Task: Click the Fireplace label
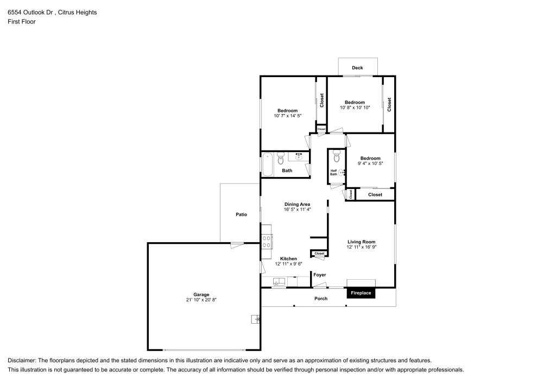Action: pyautogui.click(x=361, y=293)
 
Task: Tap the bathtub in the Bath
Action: pyautogui.click(x=268, y=165)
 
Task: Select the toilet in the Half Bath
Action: pyautogui.click(x=336, y=157)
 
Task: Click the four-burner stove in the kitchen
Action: pyautogui.click(x=267, y=241)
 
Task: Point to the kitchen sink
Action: pyautogui.click(x=279, y=282)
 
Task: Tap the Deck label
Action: pyautogui.click(x=357, y=68)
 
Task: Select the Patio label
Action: pyautogui.click(x=241, y=215)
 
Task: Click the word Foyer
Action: pyautogui.click(x=319, y=275)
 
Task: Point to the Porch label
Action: pyautogui.click(x=321, y=298)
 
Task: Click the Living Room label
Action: pyautogui.click(x=361, y=242)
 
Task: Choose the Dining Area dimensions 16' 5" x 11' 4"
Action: pyautogui.click(x=297, y=209)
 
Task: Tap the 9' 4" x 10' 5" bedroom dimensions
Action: pyautogui.click(x=370, y=163)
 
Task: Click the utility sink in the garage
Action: pyautogui.click(x=255, y=319)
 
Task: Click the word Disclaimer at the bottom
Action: pyautogui.click(x=22, y=361)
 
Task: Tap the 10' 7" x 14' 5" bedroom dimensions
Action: pyautogui.click(x=287, y=116)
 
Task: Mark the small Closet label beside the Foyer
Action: pyautogui.click(x=319, y=253)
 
